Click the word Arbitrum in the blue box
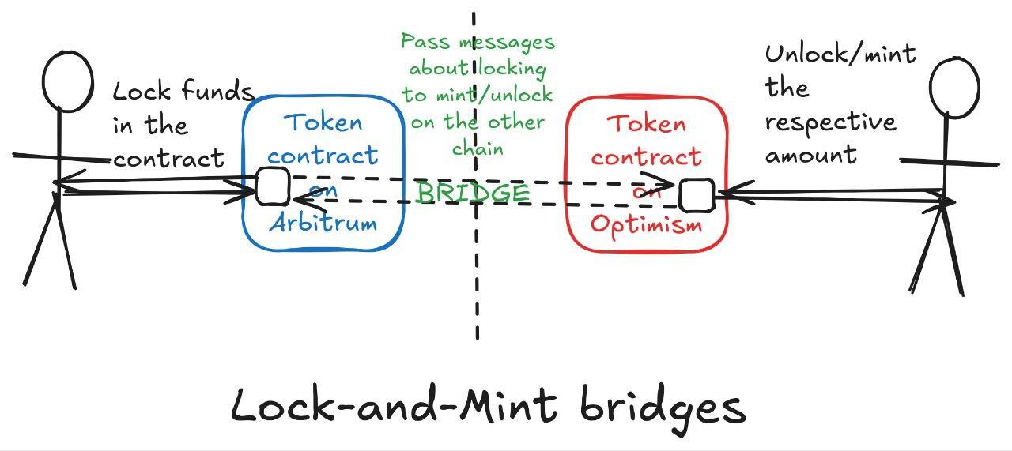click(323, 224)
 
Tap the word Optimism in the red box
click(646, 225)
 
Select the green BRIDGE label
click(472, 194)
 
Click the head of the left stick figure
click(67, 81)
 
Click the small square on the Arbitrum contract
click(272, 187)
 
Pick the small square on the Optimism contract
click(697, 196)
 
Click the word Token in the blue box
click(323, 122)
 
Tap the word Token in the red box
click(647, 124)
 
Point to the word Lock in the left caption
click(142, 92)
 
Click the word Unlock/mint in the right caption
click(840, 54)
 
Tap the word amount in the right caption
click(810, 154)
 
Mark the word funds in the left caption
click(216, 92)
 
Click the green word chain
click(478, 148)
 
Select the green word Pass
click(425, 41)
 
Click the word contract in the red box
click(646, 157)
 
